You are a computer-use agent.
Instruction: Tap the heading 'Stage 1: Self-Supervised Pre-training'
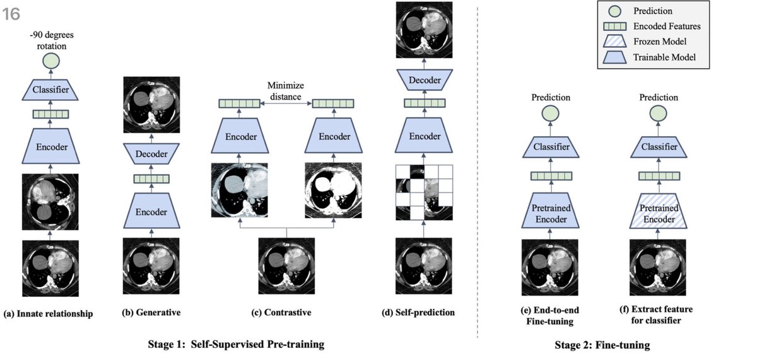pyautogui.click(x=236, y=345)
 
